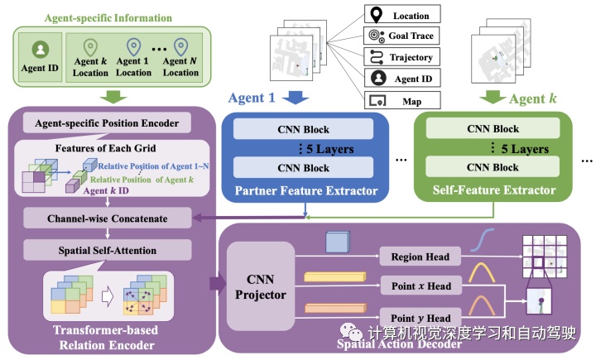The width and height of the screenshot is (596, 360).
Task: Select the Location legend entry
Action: [x=401, y=14]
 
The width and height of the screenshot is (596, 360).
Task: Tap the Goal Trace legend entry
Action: [x=401, y=36]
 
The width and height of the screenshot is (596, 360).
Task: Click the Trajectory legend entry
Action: [x=401, y=57]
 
